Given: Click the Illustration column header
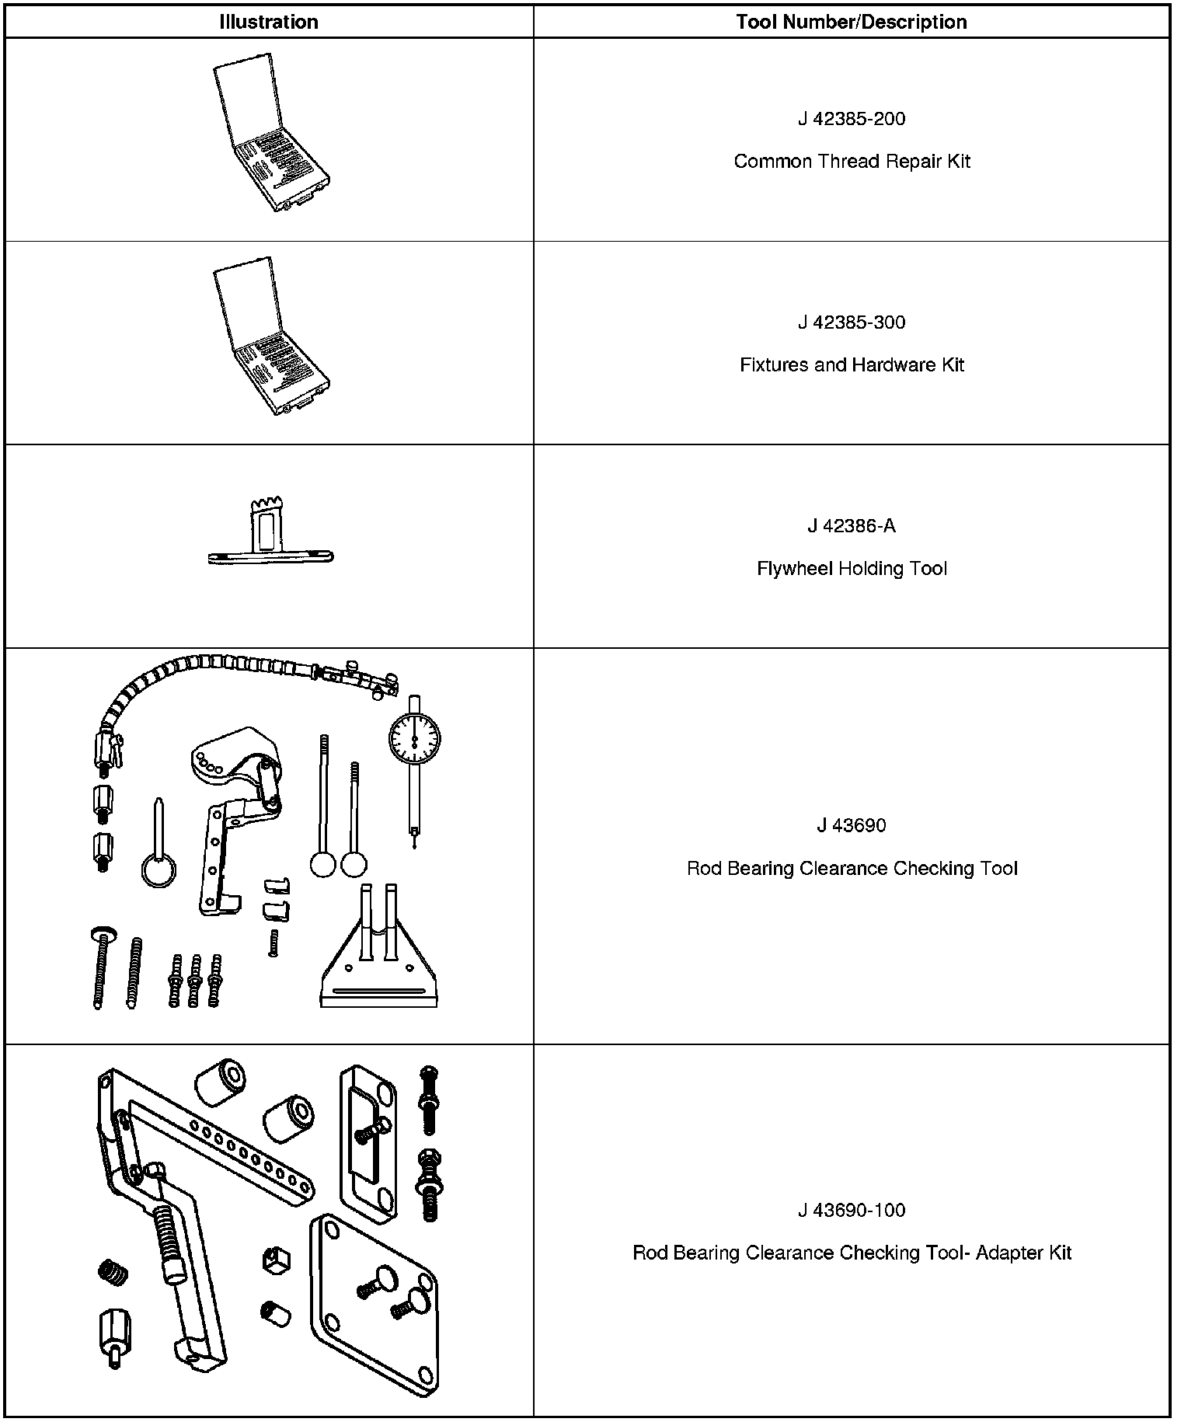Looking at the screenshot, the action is click(268, 22).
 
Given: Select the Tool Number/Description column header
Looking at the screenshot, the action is click(852, 22).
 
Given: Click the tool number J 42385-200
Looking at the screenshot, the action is click(852, 119).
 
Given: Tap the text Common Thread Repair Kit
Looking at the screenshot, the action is click(852, 162).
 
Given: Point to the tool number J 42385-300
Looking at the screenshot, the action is click(852, 322).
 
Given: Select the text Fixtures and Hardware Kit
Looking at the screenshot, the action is click(852, 365).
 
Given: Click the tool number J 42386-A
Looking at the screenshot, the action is click(852, 526).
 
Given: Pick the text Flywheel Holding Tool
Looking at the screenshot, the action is click(852, 569).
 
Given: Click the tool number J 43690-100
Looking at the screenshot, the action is click(852, 1210).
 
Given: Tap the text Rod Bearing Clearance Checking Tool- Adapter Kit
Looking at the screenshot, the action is click(852, 1253).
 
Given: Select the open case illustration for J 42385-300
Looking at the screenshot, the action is click(271, 337).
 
